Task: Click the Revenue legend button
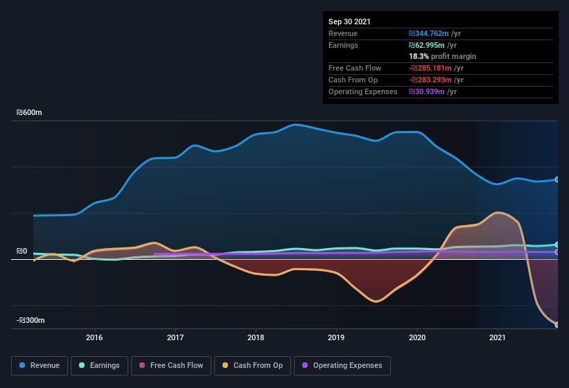40,365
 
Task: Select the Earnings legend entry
99,365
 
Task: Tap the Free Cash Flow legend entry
171,365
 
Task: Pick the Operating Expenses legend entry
342,365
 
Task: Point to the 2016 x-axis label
94,337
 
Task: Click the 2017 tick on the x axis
175,337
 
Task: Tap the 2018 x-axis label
256,337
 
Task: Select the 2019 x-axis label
336,337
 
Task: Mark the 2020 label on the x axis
417,337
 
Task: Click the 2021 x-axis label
498,337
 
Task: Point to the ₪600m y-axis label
30,112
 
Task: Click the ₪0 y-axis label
22,251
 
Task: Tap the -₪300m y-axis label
31,320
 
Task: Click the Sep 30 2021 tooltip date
349,21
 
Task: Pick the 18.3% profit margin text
442,56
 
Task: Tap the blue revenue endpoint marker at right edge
557,179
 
